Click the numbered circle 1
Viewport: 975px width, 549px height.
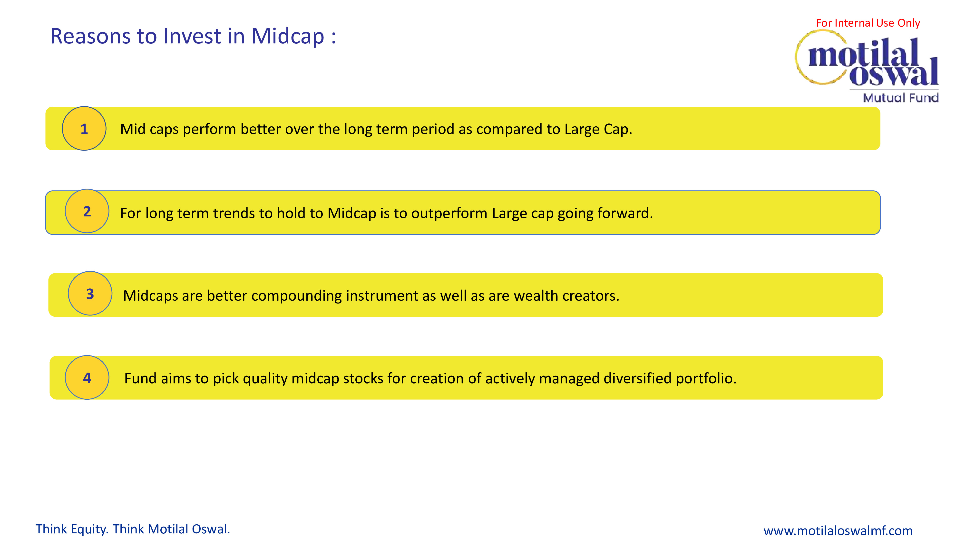point(84,128)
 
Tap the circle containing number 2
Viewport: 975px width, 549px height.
point(87,211)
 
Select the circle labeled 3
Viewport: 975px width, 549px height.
point(90,294)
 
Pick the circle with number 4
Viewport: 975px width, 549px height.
point(87,378)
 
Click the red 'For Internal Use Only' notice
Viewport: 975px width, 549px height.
point(868,23)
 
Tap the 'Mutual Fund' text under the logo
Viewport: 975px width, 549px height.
point(901,98)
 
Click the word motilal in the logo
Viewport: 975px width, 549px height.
point(863,53)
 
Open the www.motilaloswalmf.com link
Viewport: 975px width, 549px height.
point(838,531)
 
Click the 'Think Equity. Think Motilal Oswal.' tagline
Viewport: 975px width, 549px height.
point(133,529)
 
